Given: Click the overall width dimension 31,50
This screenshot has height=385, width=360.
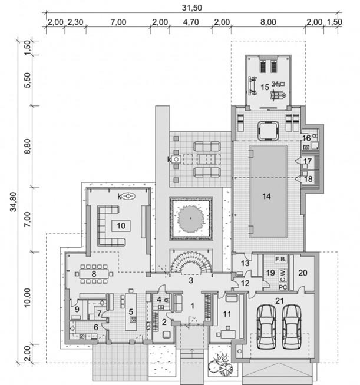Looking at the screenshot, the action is (x=192, y=8).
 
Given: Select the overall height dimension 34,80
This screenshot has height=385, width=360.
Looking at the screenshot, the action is (x=14, y=201).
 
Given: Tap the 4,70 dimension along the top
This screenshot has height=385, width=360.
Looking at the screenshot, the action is (x=191, y=22).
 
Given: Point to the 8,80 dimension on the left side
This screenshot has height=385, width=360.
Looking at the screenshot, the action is (x=28, y=146).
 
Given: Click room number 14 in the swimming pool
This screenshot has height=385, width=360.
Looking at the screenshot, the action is (x=267, y=196).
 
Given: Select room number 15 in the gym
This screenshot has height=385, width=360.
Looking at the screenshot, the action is (x=265, y=87).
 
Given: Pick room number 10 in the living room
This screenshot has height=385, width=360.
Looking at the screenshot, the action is (x=121, y=225).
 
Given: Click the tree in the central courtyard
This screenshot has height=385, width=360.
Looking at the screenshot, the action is (x=191, y=218).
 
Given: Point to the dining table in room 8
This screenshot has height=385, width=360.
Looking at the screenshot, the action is (x=93, y=274).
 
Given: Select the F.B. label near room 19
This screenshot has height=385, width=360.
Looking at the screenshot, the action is (x=280, y=259).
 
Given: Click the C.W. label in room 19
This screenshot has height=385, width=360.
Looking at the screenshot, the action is (x=283, y=276).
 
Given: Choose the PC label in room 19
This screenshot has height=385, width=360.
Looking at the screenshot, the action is (x=283, y=287).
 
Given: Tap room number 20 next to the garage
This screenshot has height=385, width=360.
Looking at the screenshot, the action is (x=303, y=273).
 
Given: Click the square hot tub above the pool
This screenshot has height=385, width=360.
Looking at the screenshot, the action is (x=268, y=131).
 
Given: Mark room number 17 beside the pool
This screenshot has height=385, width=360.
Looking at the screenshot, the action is (x=308, y=161).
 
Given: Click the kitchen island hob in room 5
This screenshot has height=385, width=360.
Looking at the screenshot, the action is (x=133, y=319).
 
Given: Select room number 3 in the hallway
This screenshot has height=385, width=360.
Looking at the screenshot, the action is (x=191, y=280).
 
